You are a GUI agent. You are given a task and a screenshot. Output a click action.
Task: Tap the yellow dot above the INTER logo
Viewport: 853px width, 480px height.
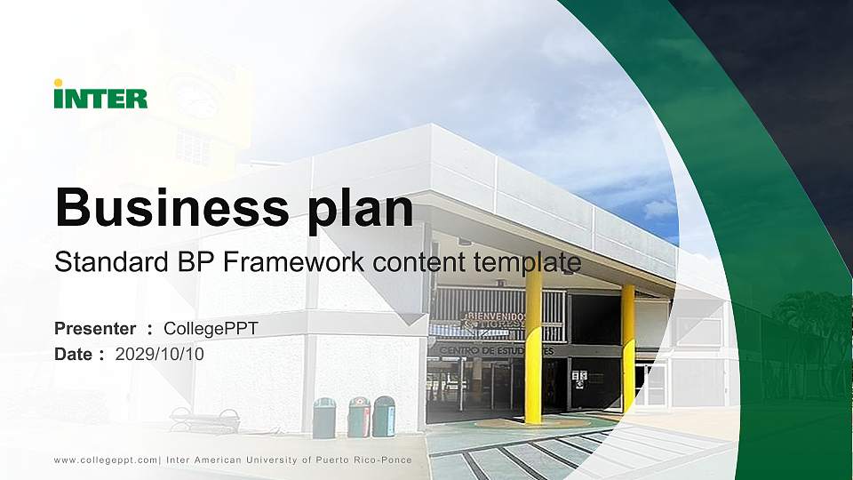(59, 83)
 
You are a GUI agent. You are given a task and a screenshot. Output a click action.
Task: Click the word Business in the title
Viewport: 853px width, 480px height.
(171, 207)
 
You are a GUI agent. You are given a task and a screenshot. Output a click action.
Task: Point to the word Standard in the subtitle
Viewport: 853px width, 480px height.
(112, 261)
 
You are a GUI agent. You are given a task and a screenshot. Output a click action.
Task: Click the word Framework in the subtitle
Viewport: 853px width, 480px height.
(294, 261)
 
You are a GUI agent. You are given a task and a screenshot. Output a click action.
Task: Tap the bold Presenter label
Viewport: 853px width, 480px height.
(95, 328)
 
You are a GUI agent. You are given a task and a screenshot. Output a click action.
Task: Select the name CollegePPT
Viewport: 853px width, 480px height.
(211, 329)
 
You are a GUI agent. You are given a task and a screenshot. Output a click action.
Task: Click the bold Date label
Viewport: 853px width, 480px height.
(73, 355)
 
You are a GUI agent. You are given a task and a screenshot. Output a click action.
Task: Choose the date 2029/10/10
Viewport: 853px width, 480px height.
(159, 355)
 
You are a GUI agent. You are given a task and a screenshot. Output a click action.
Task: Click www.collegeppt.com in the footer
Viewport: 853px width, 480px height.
(106, 460)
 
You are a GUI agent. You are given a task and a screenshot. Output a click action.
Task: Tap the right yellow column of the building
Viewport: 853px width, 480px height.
(628, 348)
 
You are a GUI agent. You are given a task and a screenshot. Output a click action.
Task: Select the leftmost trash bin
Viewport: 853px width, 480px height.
(324, 418)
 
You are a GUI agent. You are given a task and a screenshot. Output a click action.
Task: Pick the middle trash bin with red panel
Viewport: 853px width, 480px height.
(359, 417)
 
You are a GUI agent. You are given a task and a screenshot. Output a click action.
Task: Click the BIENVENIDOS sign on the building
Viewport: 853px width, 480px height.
(494, 320)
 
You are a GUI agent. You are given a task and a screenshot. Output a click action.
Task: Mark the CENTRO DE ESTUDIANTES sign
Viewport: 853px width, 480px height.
(497, 351)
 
